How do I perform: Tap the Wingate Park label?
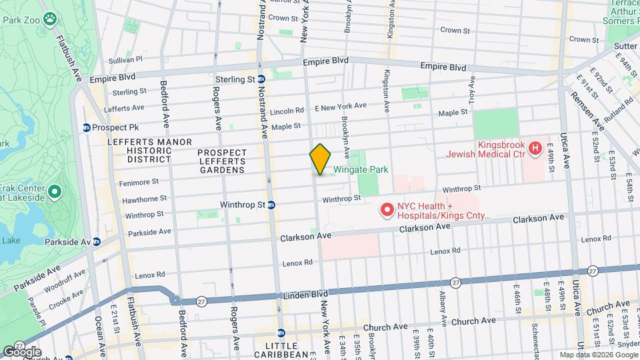[361, 170]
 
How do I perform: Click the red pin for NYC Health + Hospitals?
[386, 211]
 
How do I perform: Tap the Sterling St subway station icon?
[261, 79]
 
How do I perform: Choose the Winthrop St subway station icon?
[271, 205]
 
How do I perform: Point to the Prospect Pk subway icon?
[86, 127]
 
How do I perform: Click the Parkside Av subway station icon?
[97, 241]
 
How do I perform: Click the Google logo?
[22, 351]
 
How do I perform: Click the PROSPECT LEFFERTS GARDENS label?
[222, 161]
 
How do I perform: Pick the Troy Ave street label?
[471, 89]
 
